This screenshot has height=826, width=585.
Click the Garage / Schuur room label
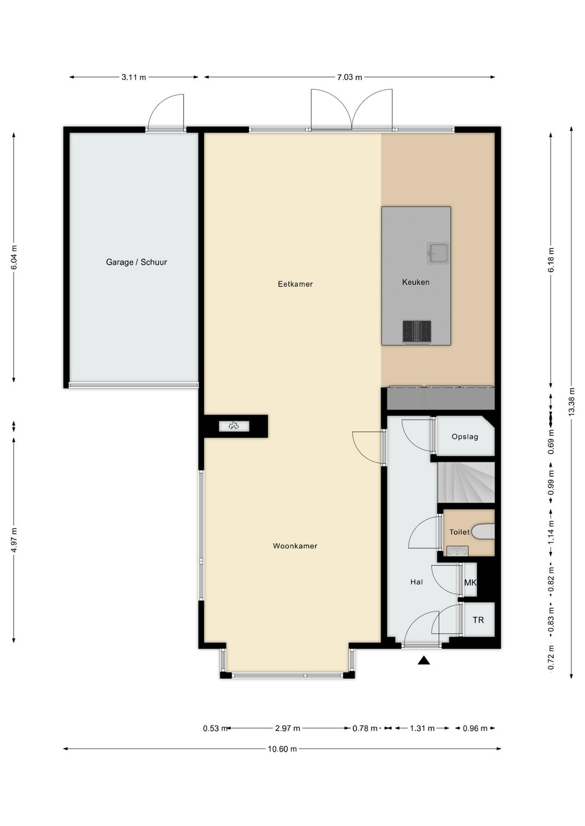136,262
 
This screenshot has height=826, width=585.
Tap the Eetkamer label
295,284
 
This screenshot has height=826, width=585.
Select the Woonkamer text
295,546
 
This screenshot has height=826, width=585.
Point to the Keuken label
415,282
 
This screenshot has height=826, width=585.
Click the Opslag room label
465,437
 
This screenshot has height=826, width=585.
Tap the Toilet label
459,532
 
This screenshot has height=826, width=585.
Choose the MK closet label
470,583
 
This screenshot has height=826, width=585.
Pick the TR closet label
478,620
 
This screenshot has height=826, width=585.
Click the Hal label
417,582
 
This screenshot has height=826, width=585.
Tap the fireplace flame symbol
233,426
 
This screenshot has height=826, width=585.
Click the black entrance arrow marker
424,660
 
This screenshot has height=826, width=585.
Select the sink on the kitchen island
438,252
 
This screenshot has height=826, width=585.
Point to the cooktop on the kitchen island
417,330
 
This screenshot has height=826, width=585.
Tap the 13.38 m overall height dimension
571,402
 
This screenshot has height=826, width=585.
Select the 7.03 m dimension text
349,77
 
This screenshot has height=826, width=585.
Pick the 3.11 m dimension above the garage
134,77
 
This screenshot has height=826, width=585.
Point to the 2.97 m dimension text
288,728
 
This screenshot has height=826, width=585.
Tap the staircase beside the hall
466,483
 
